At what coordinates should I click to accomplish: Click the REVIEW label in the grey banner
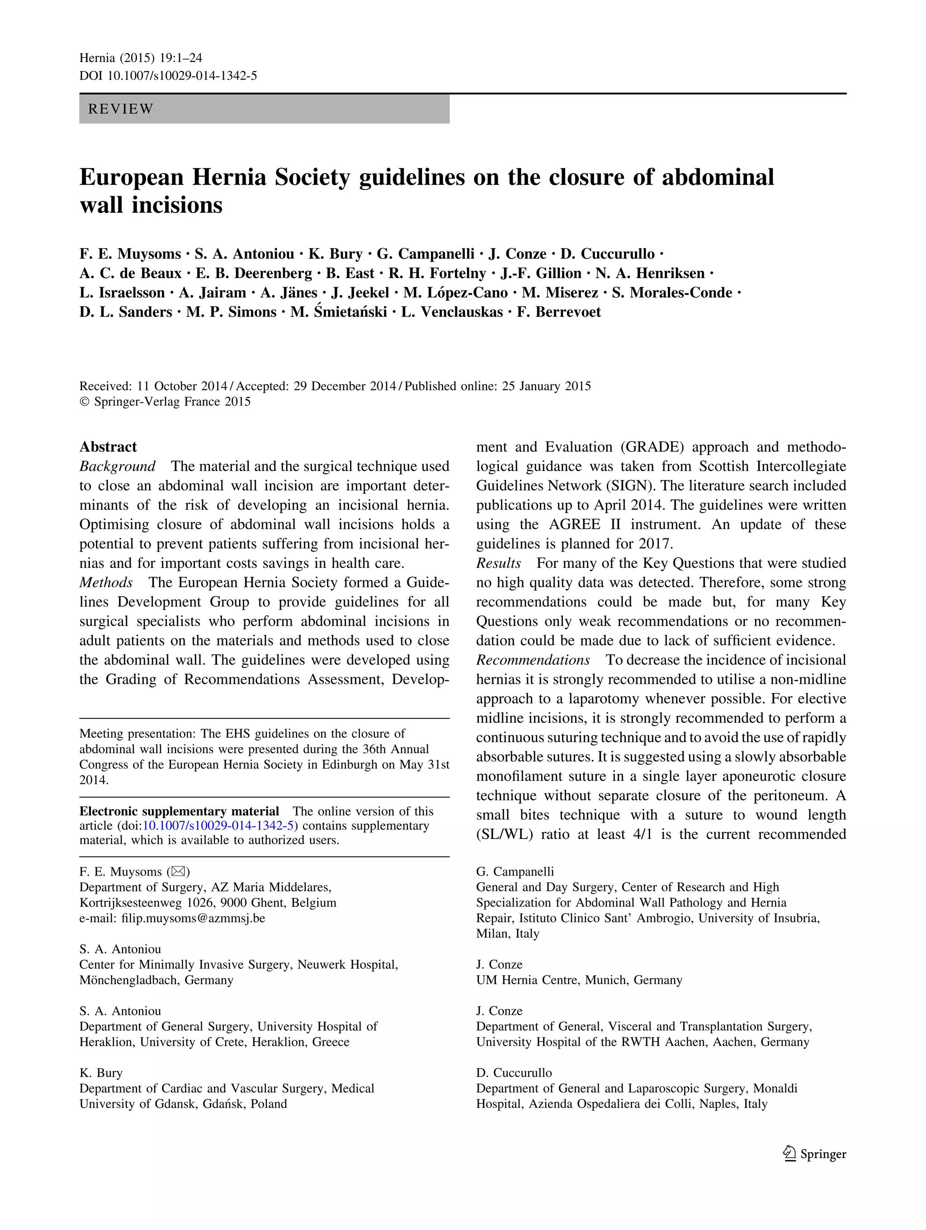pos(121,109)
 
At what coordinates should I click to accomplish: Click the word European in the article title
pos(131,177)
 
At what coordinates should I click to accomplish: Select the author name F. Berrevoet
pos(558,312)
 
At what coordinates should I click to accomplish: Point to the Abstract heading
pos(108,447)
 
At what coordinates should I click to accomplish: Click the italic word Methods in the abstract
pos(106,583)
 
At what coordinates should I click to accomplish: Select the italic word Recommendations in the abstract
pos(533,660)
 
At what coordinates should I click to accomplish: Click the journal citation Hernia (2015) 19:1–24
pos(141,58)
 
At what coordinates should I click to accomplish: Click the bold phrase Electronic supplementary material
pos(179,811)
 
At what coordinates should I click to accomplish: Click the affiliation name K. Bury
pos(101,1073)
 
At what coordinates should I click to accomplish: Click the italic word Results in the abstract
pos(498,563)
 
